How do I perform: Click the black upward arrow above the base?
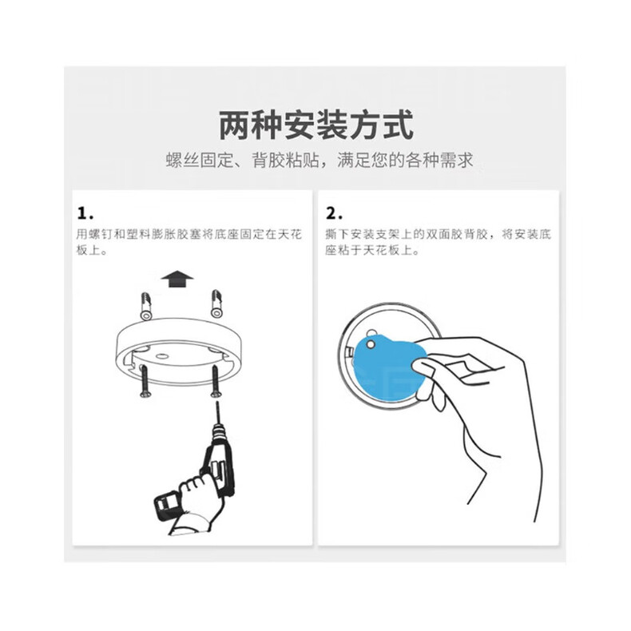(177, 279)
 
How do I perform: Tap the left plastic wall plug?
(145, 306)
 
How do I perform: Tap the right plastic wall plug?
(216, 303)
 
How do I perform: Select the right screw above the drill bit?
(216, 381)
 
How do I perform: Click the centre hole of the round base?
(163, 356)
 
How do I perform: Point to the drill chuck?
(220, 434)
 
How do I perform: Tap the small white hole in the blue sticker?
(371, 344)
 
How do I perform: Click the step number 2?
(334, 213)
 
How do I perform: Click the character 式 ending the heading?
(398, 125)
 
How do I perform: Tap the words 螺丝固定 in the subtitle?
(200, 161)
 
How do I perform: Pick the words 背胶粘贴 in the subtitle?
(286, 161)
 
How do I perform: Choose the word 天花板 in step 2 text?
(382, 250)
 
